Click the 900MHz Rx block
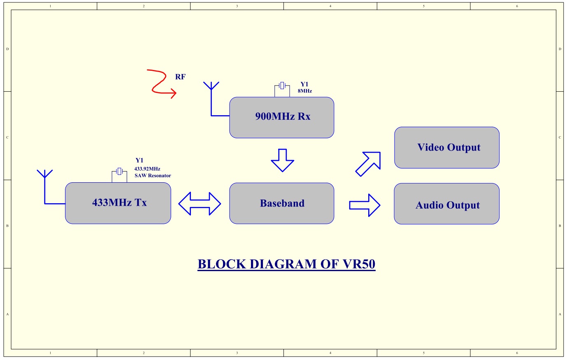click(x=281, y=117)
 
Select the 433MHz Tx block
click(x=118, y=203)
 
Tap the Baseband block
click(x=282, y=203)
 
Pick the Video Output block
click(x=447, y=147)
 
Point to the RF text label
click(x=180, y=77)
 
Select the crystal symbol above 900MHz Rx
click(x=282, y=86)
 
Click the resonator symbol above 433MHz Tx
click(x=119, y=171)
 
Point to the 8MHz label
click(x=305, y=91)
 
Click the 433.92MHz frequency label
click(x=147, y=169)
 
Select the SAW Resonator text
click(x=153, y=176)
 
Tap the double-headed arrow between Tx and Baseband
click(x=200, y=204)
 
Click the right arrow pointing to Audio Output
click(x=365, y=205)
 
